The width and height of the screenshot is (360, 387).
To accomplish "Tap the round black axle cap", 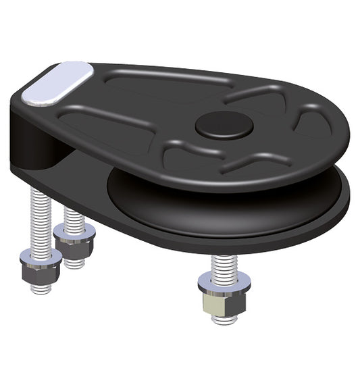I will pos(224,125).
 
